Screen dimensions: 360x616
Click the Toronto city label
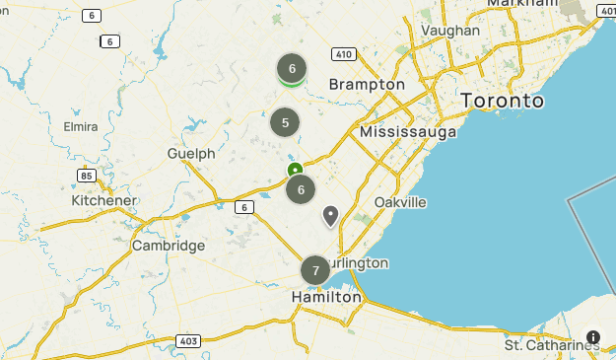pos(503,101)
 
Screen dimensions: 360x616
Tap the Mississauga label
pos(408,131)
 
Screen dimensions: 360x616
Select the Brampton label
pos(367,85)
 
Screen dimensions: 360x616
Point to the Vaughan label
pos(450,31)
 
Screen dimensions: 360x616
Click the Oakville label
pos(400,202)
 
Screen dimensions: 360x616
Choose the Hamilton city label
pos(326,296)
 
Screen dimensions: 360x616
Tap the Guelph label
pos(191,154)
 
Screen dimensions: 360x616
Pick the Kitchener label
pos(103,200)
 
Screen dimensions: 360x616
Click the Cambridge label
pos(169,246)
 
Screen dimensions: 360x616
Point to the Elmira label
pos(80,127)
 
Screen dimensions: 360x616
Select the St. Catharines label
pos(552,345)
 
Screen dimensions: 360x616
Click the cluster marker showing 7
pos(315,270)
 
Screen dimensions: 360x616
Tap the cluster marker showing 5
pos(285,123)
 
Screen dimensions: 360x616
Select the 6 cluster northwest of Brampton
pos(292,68)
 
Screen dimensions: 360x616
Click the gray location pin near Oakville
pos(330,215)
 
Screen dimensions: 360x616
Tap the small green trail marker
pos(295,171)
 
